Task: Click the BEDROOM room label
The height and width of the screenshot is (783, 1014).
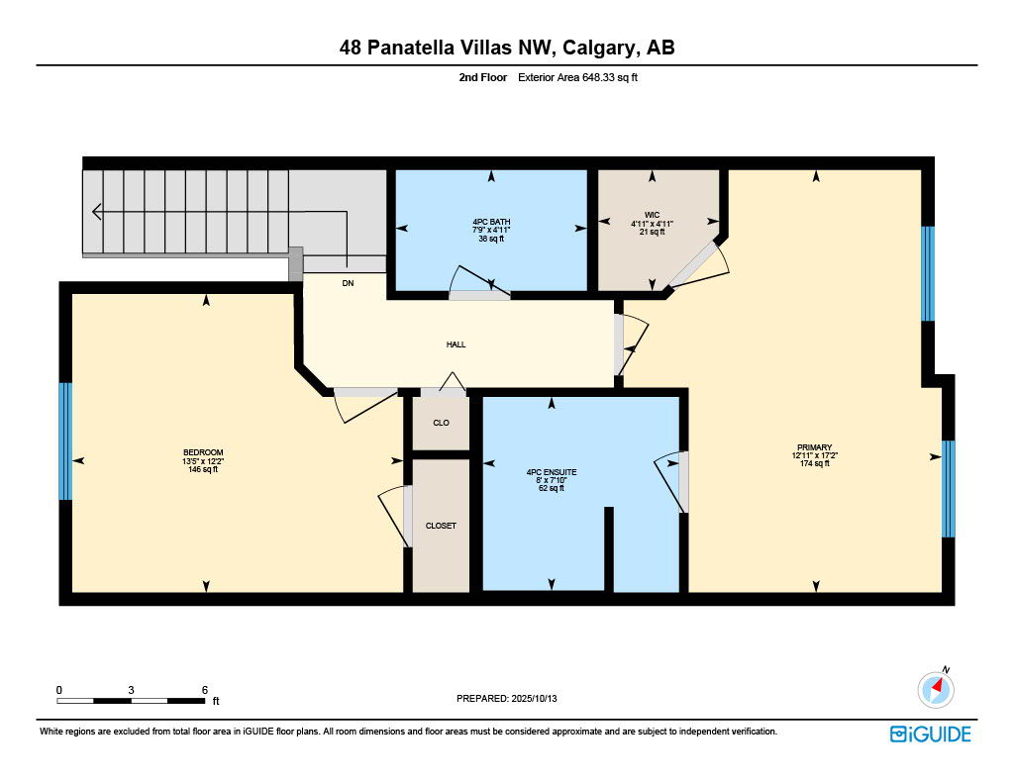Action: tap(203, 452)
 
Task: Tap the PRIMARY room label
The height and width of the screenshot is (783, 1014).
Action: tap(814, 447)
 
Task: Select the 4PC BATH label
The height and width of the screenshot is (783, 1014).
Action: tap(491, 222)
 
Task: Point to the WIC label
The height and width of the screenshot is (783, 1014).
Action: tap(652, 216)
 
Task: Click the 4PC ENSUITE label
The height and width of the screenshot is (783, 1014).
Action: tap(552, 472)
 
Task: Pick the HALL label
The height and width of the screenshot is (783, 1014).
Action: tap(456, 344)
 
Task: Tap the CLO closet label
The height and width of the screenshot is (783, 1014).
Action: tap(441, 423)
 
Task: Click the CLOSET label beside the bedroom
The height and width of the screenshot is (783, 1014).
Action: tap(441, 526)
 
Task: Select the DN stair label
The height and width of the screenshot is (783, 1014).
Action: tap(348, 283)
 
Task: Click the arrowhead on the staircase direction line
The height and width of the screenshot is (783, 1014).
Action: tap(97, 212)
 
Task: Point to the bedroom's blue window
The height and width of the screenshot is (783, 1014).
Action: tap(65, 441)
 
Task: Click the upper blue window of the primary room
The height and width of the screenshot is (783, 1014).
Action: tap(928, 273)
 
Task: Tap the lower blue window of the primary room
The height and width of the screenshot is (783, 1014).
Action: tap(949, 489)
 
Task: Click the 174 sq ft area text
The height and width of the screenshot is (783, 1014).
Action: tap(814, 463)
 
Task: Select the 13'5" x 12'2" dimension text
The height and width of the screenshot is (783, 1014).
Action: tap(203, 461)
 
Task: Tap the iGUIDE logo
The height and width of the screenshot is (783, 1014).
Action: tap(931, 734)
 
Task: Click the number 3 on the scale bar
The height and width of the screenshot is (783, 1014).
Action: tap(132, 690)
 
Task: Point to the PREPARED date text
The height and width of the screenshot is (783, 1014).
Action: tap(506, 698)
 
